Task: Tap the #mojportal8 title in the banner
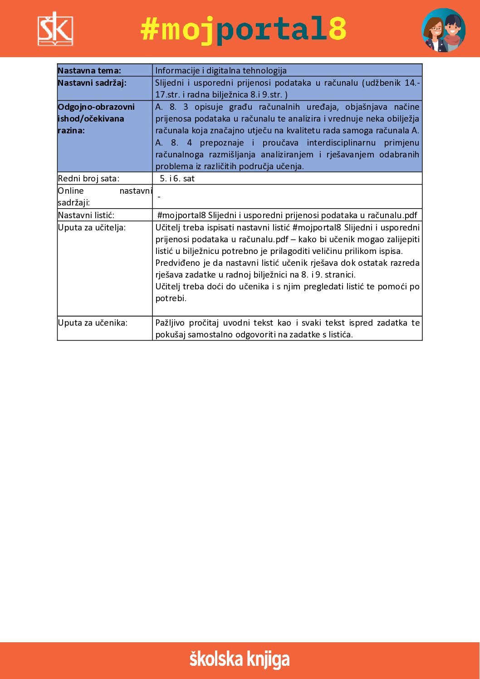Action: coord(244,29)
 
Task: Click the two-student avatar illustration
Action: coord(443,30)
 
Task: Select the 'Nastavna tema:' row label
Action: coord(89,70)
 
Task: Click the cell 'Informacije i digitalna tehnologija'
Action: coord(221,70)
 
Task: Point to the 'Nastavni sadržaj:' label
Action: coord(92,83)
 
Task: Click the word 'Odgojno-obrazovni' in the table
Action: coord(96,107)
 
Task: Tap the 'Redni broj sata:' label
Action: coord(88,178)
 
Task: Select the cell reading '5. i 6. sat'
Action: coord(177,178)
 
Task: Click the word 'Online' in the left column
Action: coord(71,191)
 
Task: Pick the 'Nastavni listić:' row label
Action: coord(86,215)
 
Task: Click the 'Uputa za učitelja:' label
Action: coord(92,227)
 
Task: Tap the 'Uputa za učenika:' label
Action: coord(93,322)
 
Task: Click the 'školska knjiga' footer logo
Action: coord(240,659)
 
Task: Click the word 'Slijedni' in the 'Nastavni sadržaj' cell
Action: coord(169,83)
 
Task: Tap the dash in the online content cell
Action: coord(159,197)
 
